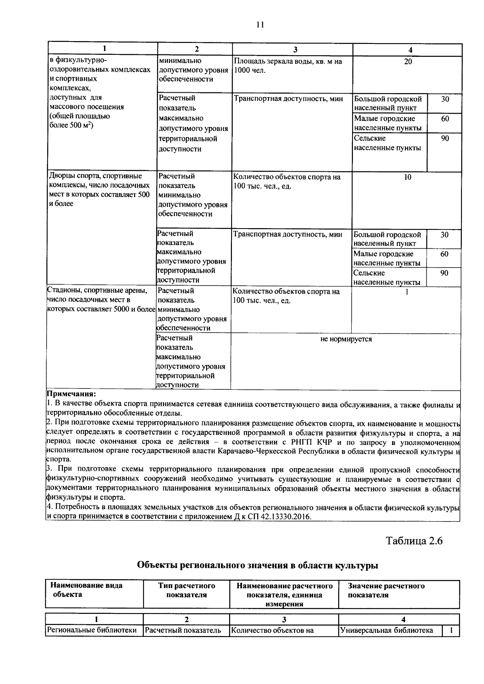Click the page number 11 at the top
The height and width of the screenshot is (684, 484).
pos(260,25)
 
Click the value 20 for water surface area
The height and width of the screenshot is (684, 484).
pos(408,62)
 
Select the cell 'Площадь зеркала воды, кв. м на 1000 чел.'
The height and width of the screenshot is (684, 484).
pos(288,66)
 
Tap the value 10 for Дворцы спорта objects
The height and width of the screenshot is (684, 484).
pos(408,177)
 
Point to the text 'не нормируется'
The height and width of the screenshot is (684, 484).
pos(346,339)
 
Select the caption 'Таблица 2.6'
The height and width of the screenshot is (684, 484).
pos(414,541)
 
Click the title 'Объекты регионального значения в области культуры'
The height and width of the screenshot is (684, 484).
pos(258,565)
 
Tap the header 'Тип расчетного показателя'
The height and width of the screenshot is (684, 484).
pos(186,590)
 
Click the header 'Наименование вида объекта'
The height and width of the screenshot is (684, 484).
pos(86,590)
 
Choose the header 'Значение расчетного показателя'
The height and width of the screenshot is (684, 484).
pos(386,590)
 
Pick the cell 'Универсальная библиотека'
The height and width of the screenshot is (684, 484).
pos(386,630)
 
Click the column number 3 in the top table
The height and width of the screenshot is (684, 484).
pos(295,50)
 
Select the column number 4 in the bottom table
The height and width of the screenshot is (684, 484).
pos(403,620)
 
